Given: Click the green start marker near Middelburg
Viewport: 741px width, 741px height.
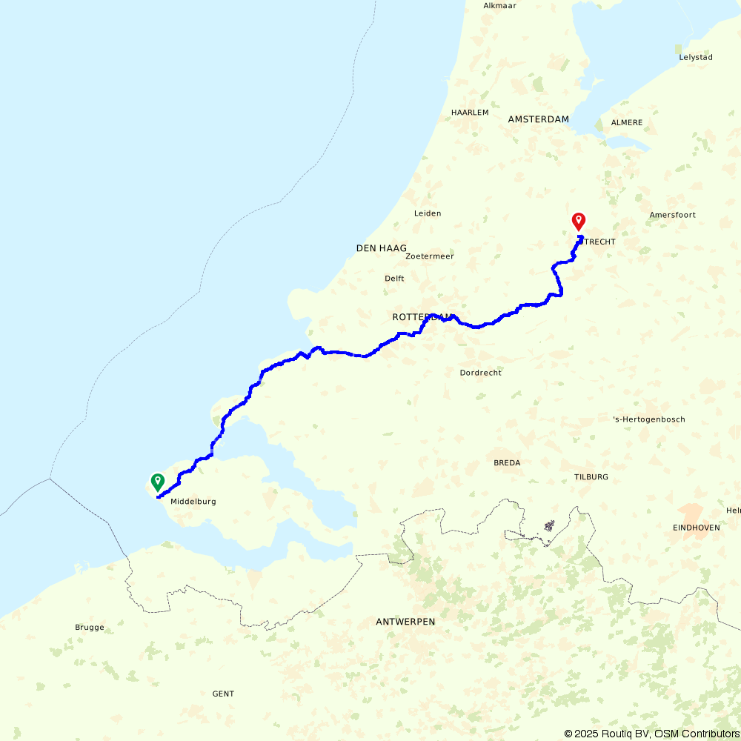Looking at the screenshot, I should pyautogui.click(x=157, y=482).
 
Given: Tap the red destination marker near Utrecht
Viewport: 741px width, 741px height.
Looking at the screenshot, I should pyautogui.click(x=579, y=222).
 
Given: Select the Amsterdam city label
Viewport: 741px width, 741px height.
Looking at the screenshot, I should pyautogui.click(x=539, y=119).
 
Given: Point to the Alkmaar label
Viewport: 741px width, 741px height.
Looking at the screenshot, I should pyautogui.click(x=499, y=6).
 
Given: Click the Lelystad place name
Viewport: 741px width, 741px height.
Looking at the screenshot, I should pyautogui.click(x=696, y=57).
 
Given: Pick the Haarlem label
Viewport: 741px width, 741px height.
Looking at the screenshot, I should pyautogui.click(x=470, y=113).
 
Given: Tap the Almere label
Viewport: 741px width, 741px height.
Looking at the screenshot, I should pyautogui.click(x=627, y=122).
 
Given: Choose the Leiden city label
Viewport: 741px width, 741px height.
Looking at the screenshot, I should pyautogui.click(x=428, y=213).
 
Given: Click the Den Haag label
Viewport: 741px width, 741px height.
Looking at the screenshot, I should pyautogui.click(x=382, y=248).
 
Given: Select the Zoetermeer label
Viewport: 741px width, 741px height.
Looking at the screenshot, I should pyautogui.click(x=430, y=256).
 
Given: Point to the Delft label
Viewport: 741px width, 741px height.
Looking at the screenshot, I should pyautogui.click(x=394, y=279).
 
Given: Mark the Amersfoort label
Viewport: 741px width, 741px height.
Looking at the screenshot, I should pyautogui.click(x=673, y=216).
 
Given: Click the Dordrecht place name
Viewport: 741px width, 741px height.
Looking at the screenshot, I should pyautogui.click(x=480, y=373).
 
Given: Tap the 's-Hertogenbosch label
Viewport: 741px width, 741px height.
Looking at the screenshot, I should pyautogui.click(x=649, y=419).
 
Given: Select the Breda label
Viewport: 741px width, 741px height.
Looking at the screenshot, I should pyautogui.click(x=507, y=463).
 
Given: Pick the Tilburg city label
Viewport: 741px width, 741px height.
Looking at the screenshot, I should pyautogui.click(x=591, y=477).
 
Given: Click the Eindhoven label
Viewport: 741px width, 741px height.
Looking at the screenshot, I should pyautogui.click(x=697, y=528).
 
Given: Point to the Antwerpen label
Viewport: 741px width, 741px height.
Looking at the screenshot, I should pyautogui.click(x=405, y=622).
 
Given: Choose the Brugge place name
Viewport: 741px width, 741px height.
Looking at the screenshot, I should pyautogui.click(x=90, y=628).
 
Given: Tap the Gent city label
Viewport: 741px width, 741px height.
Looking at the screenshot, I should pyautogui.click(x=223, y=694).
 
